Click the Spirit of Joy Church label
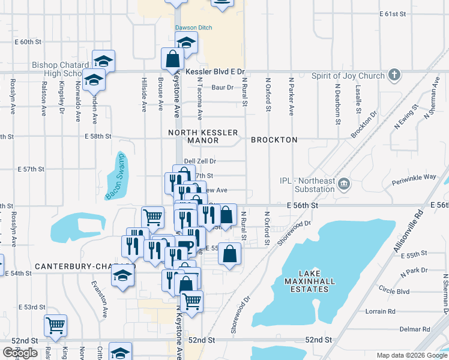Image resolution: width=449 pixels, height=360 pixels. pos(348,76)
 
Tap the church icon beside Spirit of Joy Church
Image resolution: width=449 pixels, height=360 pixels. pos(394,75)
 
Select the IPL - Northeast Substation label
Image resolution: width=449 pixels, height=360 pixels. pos(306,185)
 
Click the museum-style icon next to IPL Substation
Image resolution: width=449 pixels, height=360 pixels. pos(344,183)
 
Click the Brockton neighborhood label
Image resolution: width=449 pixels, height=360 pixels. pos(274,140)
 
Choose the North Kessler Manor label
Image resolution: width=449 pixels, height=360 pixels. pos(203,136)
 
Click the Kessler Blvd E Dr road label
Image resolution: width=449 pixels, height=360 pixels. pos(216,71)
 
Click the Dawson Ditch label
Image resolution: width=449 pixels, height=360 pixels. pos(193,28)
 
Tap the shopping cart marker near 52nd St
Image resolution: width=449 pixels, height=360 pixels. pos(55,325)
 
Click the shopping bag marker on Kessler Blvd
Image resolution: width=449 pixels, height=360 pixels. pos(172,59)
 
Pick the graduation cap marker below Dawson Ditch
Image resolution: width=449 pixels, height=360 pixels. pos(186,42)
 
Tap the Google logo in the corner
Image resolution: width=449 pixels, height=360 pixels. pos(20,352)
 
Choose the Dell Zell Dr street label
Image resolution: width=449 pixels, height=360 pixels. pos(199,161)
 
